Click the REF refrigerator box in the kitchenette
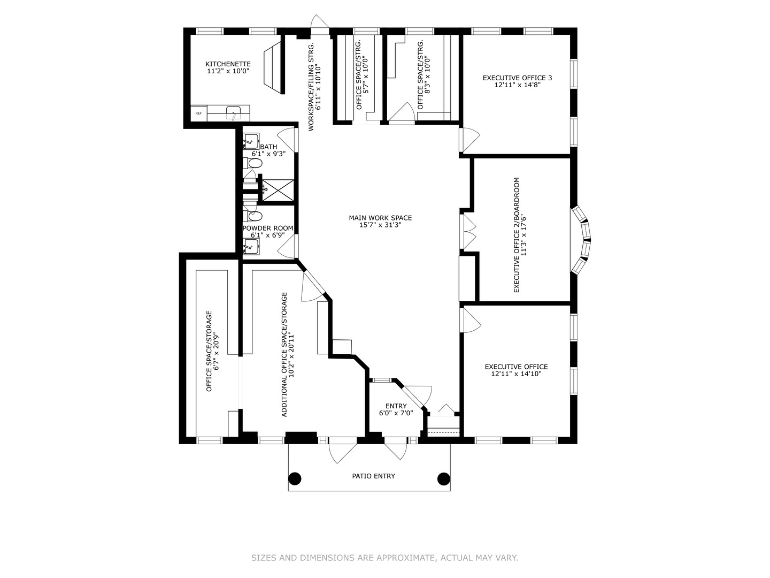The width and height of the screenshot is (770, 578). (x=198, y=113)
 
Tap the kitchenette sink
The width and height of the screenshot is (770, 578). (x=233, y=113)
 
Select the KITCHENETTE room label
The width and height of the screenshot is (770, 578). (x=228, y=64)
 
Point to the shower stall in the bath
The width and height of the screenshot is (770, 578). (x=278, y=191)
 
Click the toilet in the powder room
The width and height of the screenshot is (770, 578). (x=252, y=216)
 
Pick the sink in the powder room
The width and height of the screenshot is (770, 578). (x=251, y=247)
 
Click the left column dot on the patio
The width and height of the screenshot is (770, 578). (x=295, y=478)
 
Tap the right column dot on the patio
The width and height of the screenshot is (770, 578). (x=444, y=478)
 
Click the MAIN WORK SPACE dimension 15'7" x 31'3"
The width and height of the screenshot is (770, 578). (x=380, y=225)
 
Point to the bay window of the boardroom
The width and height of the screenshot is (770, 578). (x=581, y=240)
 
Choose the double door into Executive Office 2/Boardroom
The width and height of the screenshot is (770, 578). (x=468, y=232)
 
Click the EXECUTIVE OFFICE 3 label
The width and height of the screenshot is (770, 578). (x=517, y=78)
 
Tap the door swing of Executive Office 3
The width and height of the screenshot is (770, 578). (x=469, y=139)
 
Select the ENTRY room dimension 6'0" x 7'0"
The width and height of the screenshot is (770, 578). (x=396, y=413)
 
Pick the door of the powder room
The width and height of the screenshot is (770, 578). (x=288, y=246)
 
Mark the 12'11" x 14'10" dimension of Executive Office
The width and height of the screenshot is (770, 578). (x=517, y=374)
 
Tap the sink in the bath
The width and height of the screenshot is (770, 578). (x=251, y=141)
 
